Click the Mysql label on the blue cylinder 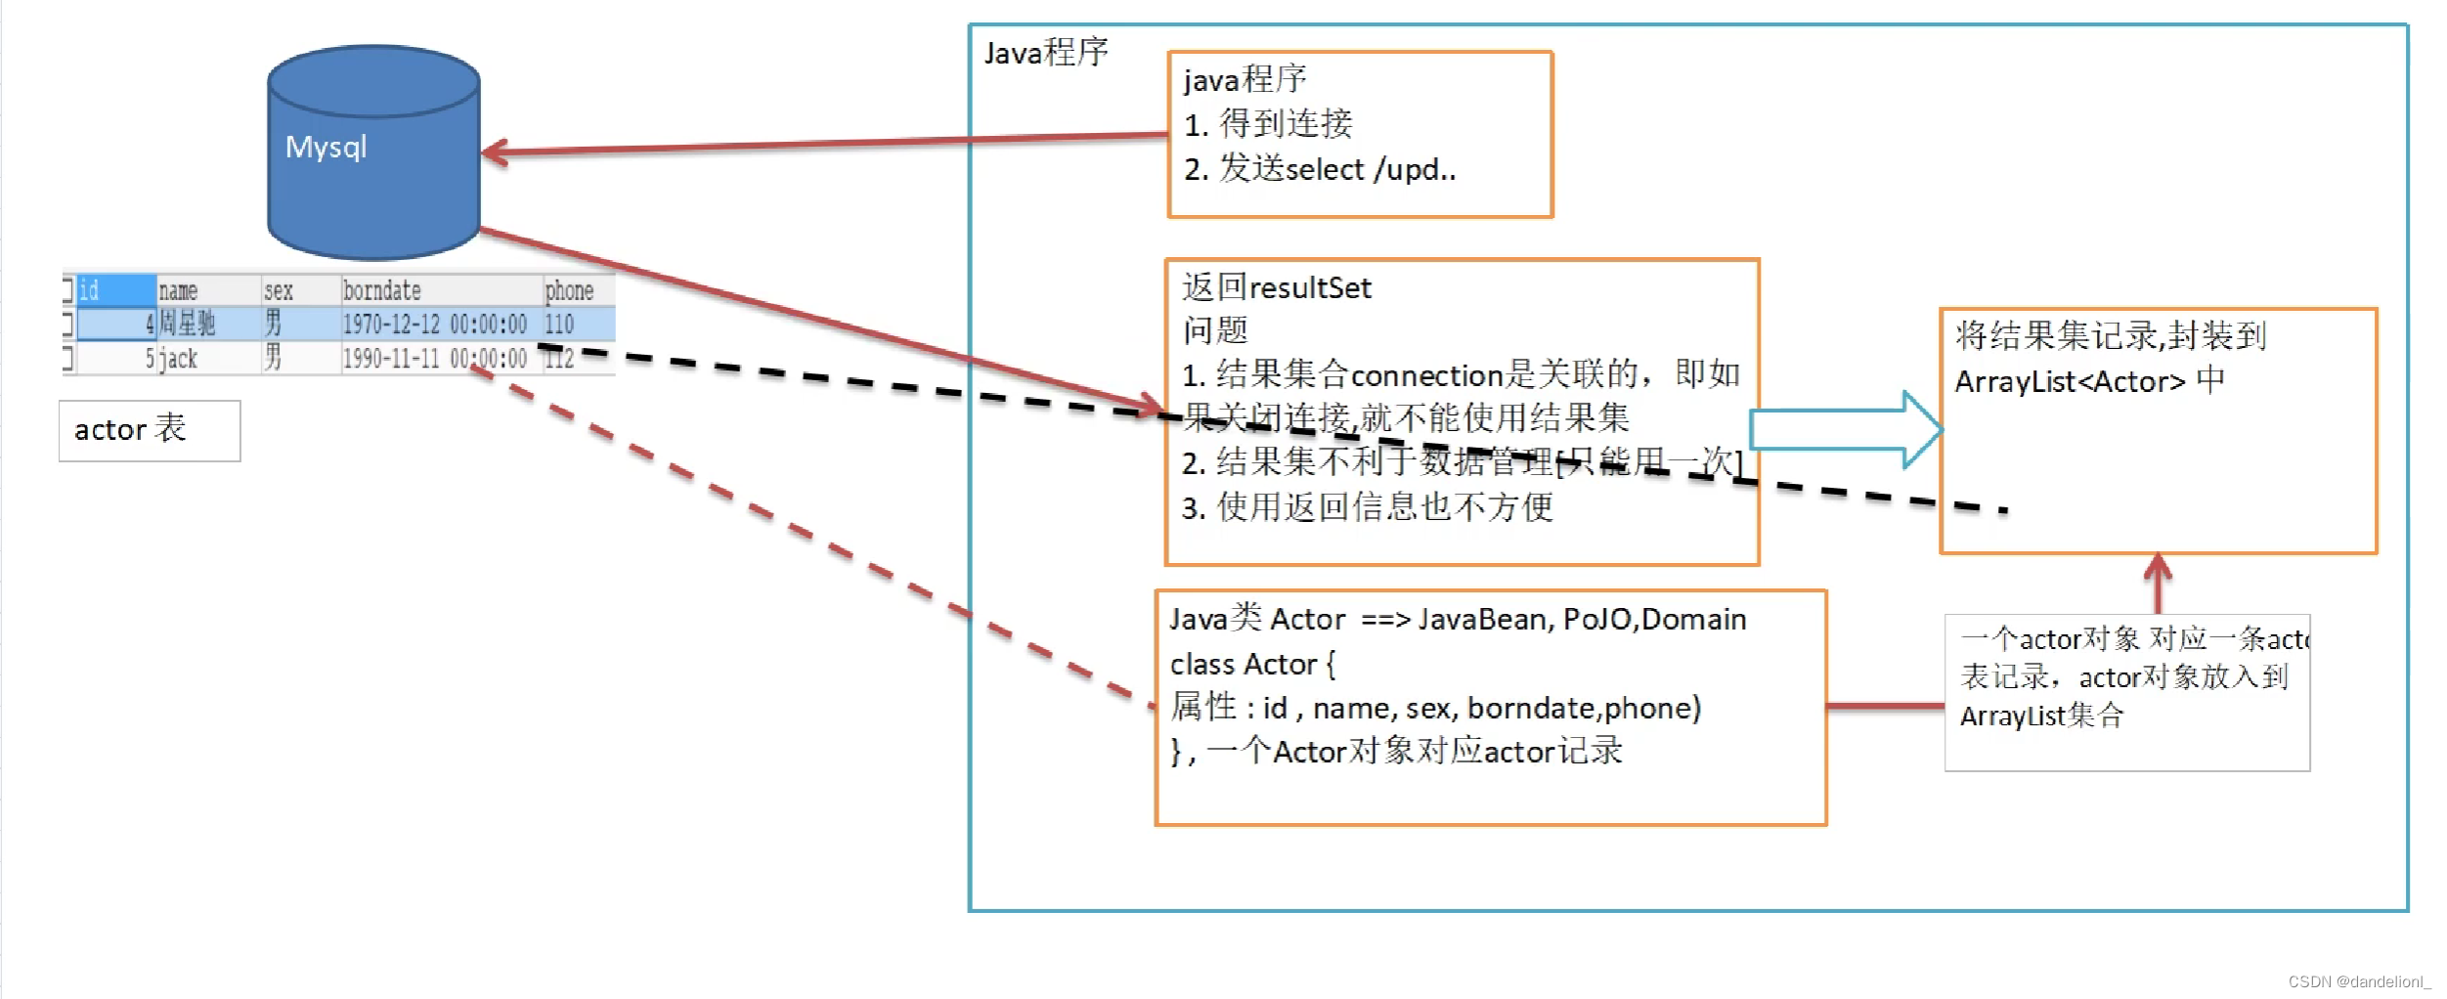point(327,148)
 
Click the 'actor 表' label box point(149,430)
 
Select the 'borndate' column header point(382,290)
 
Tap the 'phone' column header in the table point(569,290)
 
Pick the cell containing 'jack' point(179,359)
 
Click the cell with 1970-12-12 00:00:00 point(434,324)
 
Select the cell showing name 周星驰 point(187,324)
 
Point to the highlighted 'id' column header point(114,290)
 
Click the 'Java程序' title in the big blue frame point(1045,53)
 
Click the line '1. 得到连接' point(1268,124)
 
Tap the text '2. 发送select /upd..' point(1320,170)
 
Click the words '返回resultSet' point(1276,287)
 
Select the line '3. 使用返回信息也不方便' point(1367,507)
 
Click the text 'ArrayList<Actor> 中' point(2089,381)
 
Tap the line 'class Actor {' point(1252,665)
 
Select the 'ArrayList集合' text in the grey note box point(2041,717)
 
